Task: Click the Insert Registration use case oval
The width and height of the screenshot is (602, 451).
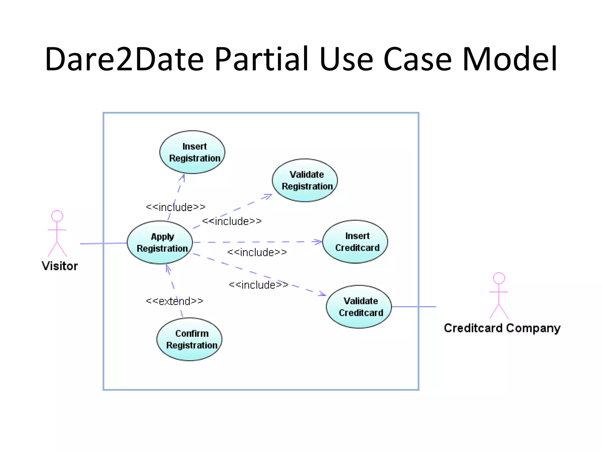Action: point(192,152)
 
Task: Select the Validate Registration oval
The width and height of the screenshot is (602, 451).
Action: point(305,180)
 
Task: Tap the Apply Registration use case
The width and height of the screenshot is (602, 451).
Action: point(160,242)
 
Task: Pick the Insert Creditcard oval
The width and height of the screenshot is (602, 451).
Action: point(355,242)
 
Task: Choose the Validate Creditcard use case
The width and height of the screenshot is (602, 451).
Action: point(359,307)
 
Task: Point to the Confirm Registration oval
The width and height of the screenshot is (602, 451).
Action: point(190,339)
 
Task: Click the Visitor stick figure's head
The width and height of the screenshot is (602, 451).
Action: point(57,216)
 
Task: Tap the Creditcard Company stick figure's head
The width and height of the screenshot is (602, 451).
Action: point(499,278)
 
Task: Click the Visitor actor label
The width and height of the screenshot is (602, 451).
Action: point(60,266)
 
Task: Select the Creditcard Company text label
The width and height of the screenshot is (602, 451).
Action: point(502,328)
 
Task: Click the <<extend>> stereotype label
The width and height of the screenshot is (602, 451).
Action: point(175,301)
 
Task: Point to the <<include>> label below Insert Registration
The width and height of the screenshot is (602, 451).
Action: point(175,207)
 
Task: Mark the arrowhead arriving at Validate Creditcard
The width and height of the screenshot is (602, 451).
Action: point(322,294)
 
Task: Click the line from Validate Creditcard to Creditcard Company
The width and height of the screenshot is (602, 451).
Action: point(414,307)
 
